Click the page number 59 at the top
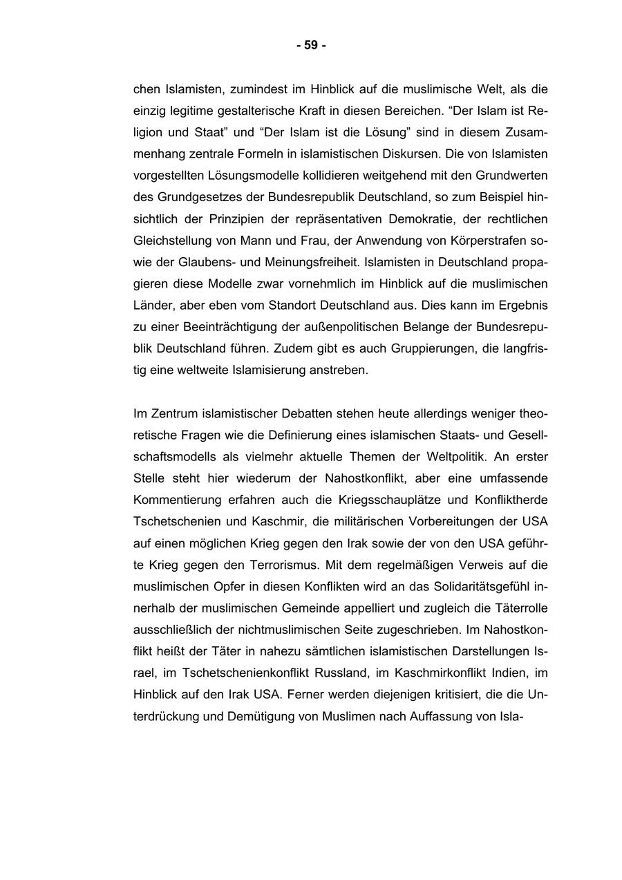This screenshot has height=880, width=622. point(311,46)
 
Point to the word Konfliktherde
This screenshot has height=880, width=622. point(511,500)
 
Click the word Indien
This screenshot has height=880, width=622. point(500,673)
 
